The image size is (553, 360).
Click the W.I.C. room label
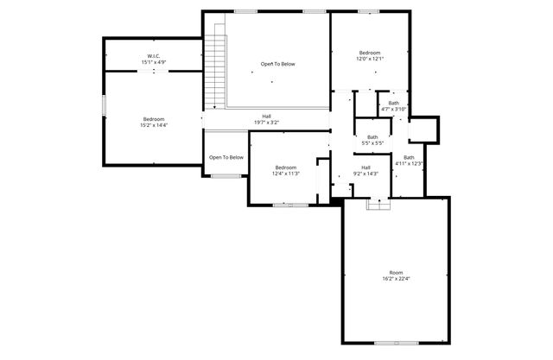(x=154, y=56)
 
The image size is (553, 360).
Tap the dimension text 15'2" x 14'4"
(x=154, y=125)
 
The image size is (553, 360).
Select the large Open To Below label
(x=278, y=64)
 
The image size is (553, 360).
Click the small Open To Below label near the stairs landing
(x=226, y=157)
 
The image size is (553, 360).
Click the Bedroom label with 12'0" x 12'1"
(x=370, y=53)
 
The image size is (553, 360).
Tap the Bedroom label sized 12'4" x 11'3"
(x=285, y=167)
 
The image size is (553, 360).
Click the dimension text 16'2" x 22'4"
(x=396, y=279)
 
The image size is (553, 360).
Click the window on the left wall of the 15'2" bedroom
(x=105, y=105)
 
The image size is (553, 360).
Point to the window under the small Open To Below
(x=226, y=176)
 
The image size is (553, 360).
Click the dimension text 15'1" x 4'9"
(x=154, y=62)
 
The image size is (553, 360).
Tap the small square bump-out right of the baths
(x=423, y=129)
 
